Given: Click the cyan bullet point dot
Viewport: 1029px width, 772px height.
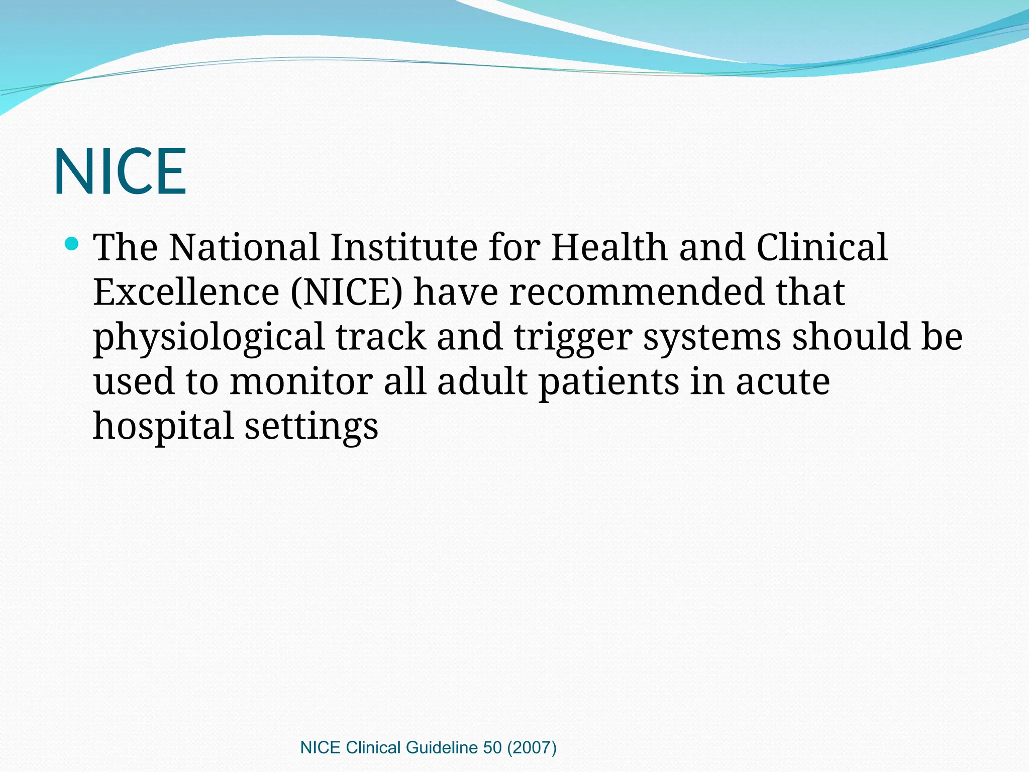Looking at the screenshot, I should [x=72, y=244].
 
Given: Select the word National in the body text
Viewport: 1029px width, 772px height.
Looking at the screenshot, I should [x=244, y=247].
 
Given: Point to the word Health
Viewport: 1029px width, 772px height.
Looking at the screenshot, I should [x=608, y=247].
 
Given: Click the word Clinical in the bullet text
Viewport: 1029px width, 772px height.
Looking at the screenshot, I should [x=822, y=247].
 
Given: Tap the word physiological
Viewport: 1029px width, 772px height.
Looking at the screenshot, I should [x=209, y=338].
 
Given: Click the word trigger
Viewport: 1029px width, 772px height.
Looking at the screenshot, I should [x=573, y=338].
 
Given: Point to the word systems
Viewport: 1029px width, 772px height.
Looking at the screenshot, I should [x=712, y=338].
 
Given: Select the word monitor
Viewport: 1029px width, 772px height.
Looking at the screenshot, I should [x=301, y=381].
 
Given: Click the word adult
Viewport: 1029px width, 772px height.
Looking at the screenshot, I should [x=482, y=381].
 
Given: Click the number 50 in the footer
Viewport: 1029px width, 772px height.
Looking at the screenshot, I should [x=492, y=748].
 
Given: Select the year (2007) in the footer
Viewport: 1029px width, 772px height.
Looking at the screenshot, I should [x=532, y=748].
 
